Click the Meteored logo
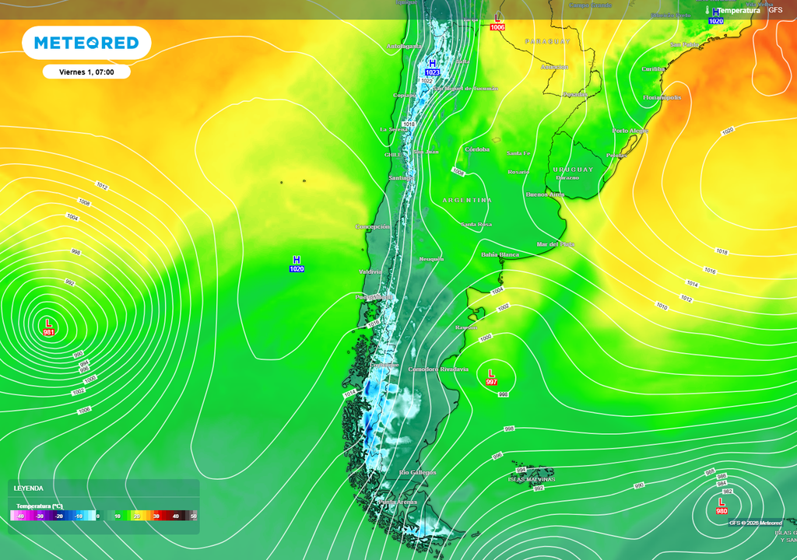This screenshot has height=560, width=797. coord(86,43)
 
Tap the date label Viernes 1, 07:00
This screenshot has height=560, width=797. coord(86,72)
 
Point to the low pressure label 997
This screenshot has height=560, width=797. coord(491,382)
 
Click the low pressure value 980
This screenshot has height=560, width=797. coord(722,510)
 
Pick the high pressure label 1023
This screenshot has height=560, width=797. coord(432,72)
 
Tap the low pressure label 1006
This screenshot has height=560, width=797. coord(497,27)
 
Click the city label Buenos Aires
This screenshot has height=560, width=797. coord(545,194)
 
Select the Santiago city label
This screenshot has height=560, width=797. coord(400,178)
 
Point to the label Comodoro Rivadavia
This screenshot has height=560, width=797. coord(438,369)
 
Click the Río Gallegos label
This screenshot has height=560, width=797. coord(417,472)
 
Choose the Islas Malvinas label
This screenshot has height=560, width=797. coord(532,479)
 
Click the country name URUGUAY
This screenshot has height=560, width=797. coord(573,169)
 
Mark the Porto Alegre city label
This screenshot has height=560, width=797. coord(630,131)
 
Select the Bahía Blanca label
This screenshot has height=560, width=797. coord(500,254)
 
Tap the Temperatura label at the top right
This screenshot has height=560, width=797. coord(738,10)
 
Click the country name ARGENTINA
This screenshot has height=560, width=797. coord(467,200)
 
